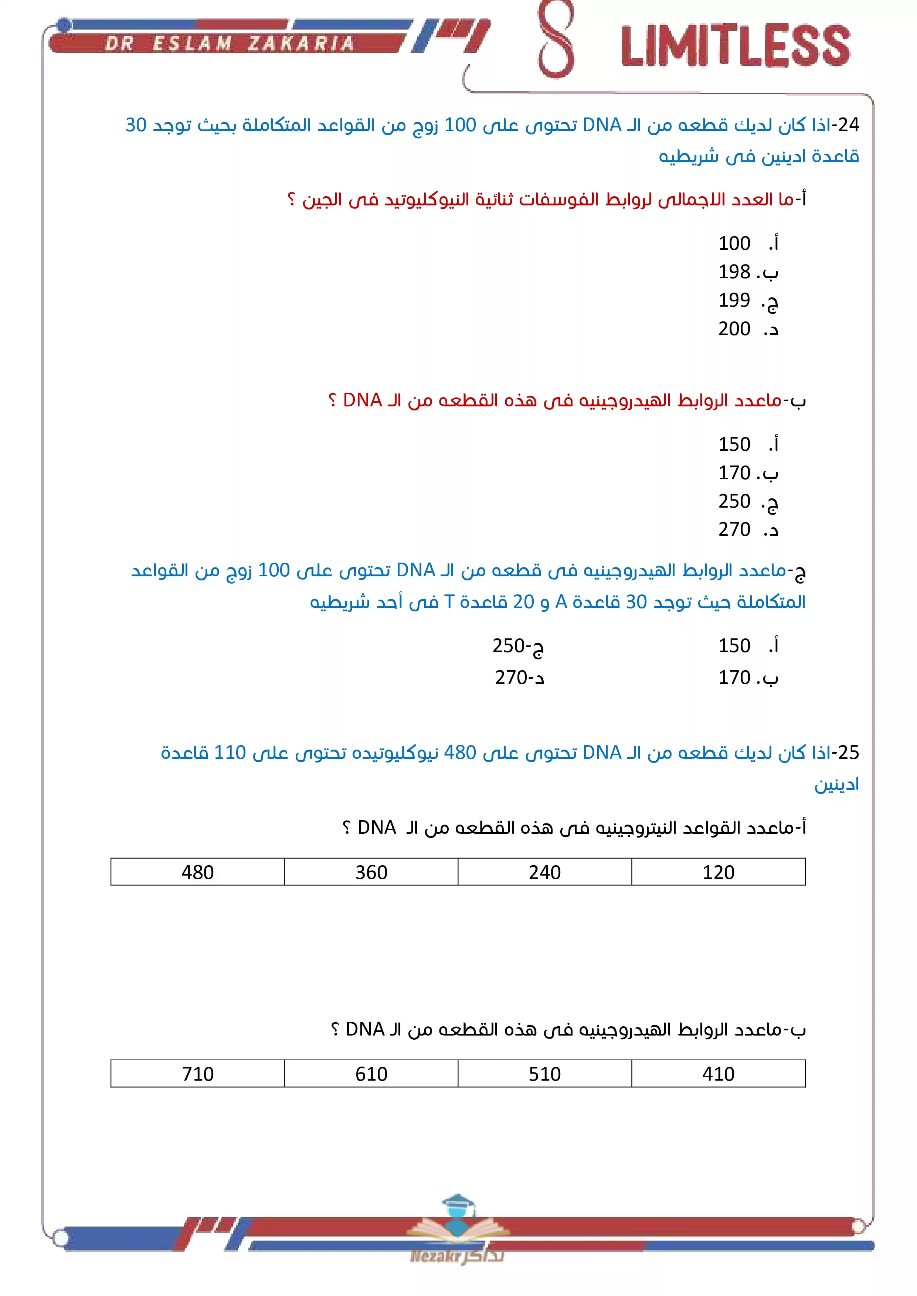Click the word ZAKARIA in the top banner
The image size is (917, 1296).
(x=301, y=44)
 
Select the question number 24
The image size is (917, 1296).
(x=848, y=125)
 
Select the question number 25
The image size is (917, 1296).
(x=848, y=753)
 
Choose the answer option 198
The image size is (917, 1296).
(x=734, y=272)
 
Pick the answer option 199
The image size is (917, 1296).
(x=734, y=300)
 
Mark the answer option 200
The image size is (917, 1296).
(x=734, y=328)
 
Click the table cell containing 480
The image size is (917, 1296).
(x=198, y=872)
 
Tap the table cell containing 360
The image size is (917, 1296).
(x=371, y=872)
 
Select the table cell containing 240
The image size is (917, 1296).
(x=545, y=872)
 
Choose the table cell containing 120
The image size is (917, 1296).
(x=718, y=872)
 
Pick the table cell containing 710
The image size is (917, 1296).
(x=198, y=1074)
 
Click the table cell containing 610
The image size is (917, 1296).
(x=371, y=1074)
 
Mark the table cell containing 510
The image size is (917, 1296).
(x=545, y=1074)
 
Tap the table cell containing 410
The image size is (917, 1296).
(x=718, y=1074)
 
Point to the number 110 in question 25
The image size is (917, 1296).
(x=230, y=753)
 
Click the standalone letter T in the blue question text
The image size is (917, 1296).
(x=449, y=602)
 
